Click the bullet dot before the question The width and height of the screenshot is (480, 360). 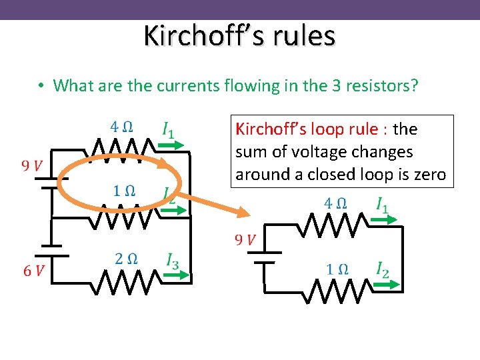coord(41,86)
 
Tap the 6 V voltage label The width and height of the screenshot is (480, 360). coord(34,270)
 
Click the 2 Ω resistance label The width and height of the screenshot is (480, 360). coord(125,259)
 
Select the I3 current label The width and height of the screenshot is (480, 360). coord(172,261)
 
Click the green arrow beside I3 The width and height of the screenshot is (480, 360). coord(178,274)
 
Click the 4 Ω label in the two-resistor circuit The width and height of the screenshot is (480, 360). coord(335,203)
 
